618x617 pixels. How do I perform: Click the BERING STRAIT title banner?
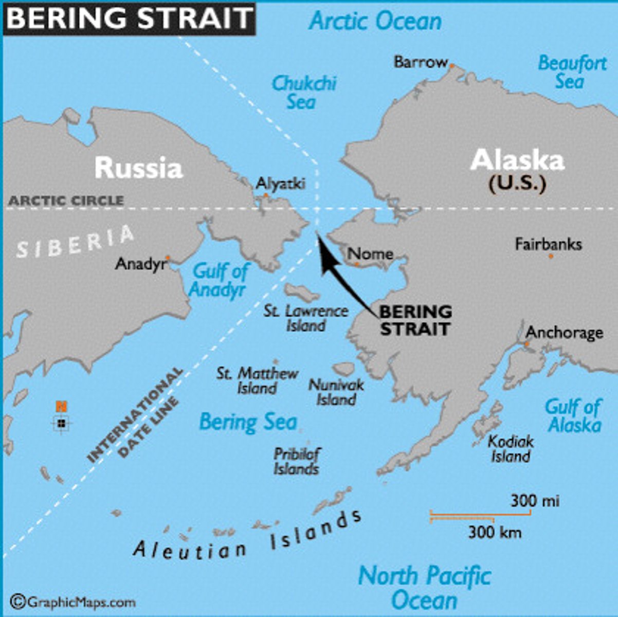(129, 19)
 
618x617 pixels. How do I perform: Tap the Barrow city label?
(421, 62)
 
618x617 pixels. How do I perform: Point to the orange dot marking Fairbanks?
(551, 256)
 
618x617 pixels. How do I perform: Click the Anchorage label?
(564, 333)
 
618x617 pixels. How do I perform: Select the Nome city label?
(370, 253)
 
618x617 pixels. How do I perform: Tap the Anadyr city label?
(140, 264)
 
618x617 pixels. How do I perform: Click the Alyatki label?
(280, 184)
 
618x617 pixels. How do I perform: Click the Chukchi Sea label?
(303, 92)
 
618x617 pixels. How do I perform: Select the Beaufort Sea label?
(571, 72)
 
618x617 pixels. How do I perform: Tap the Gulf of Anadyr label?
(219, 280)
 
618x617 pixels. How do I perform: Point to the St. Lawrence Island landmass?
(302, 294)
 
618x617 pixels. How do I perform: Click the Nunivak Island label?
(336, 392)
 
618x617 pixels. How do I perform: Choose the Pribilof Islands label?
(297, 461)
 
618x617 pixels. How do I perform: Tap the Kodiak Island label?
(510, 449)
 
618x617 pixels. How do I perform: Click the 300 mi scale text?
(535, 500)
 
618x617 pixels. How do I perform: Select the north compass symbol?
(62, 423)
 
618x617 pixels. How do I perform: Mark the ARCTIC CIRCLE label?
(66, 201)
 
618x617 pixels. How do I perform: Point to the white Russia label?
(139, 168)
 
